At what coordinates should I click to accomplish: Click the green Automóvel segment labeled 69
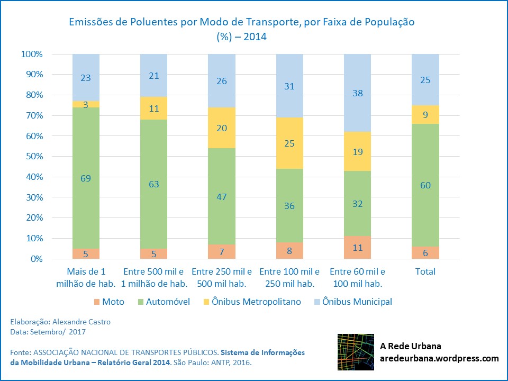(x=86, y=178)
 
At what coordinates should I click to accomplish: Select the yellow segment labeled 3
(x=86, y=104)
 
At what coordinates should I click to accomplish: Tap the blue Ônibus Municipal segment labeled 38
(x=357, y=93)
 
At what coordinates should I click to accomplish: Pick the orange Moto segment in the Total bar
(x=425, y=253)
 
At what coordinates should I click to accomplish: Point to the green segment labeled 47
(x=222, y=196)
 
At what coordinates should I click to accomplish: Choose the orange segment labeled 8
(x=289, y=251)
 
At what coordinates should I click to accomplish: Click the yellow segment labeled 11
(x=154, y=108)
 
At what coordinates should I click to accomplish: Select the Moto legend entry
(x=110, y=302)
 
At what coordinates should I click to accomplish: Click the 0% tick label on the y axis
(x=35, y=259)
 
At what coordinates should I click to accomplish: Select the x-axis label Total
(x=425, y=271)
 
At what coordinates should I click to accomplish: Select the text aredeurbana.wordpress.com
(x=439, y=358)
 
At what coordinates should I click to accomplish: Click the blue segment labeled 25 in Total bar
(x=425, y=80)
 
